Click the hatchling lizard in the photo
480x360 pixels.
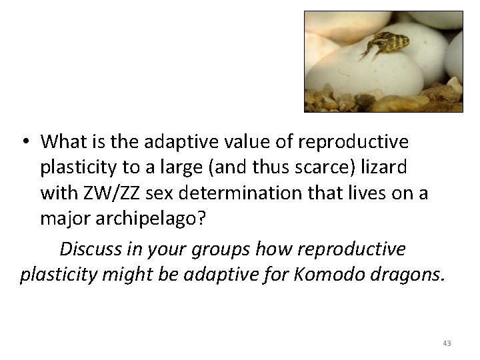coord(386,45)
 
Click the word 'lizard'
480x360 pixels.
coord(387,167)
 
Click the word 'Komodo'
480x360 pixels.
coord(325,275)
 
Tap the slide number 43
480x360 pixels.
coord(446,343)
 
